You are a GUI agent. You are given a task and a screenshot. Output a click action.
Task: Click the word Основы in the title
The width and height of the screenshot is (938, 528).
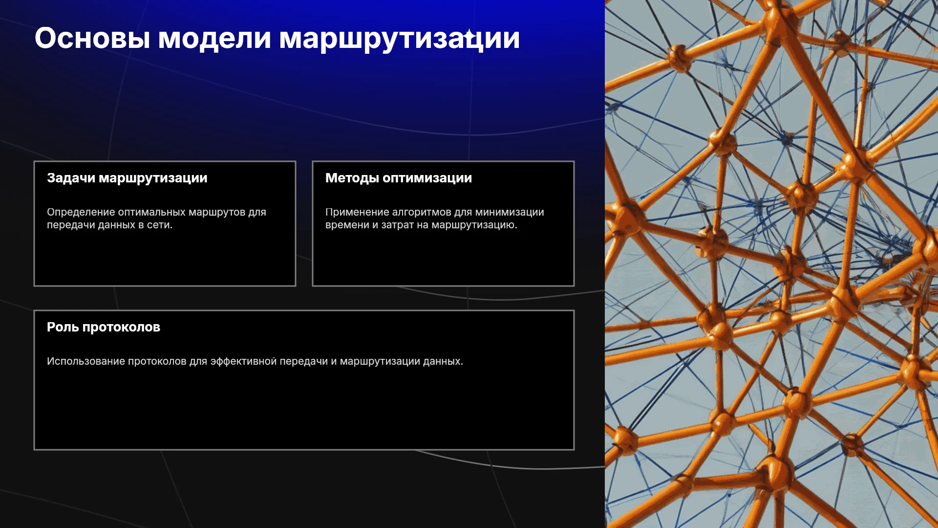(92, 38)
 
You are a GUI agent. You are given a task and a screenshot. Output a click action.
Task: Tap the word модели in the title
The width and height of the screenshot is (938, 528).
(214, 38)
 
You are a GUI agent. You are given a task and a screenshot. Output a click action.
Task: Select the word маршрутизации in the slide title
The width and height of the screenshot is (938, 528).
(399, 39)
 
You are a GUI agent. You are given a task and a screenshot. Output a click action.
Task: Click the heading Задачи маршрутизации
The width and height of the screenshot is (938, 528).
(127, 178)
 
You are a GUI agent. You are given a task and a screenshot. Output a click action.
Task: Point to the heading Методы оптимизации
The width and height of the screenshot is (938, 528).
(399, 178)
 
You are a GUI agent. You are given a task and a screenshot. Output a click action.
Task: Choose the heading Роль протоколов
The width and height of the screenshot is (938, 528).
(104, 327)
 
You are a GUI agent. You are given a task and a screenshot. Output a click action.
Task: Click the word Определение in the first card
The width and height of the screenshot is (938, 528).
(81, 212)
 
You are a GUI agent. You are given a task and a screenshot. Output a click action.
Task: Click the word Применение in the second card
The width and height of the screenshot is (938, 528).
(357, 212)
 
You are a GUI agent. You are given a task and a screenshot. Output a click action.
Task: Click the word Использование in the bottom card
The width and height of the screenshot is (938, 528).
(86, 361)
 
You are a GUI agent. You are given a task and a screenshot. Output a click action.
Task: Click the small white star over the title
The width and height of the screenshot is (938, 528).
(469, 35)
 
